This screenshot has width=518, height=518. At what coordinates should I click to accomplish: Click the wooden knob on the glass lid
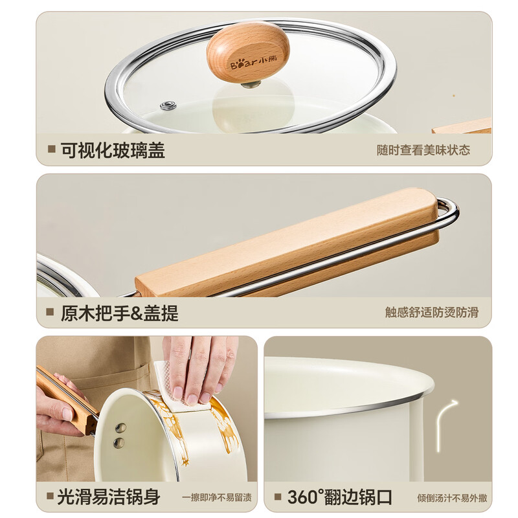[x=248, y=52]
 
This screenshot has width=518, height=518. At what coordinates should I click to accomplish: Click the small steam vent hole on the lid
[x=168, y=106]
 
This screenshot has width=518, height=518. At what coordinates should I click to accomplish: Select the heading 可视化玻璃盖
[x=113, y=150]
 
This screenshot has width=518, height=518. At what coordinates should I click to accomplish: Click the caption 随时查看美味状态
[x=423, y=150]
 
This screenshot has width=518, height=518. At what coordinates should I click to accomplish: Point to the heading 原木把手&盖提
[x=119, y=313]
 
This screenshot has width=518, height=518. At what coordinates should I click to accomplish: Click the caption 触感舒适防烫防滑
[x=431, y=313]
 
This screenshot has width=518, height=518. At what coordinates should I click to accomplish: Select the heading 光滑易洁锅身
[x=108, y=497]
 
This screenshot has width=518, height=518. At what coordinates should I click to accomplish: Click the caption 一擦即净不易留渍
[x=216, y=498]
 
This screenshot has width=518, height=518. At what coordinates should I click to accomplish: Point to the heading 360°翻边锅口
[x=340, y=497]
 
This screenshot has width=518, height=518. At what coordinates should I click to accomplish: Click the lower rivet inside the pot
[x=119, y=442]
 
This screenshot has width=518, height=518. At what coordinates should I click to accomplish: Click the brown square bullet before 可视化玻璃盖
[x=51, y=150]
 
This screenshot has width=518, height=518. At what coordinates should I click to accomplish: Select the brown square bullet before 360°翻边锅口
[x=278, y=497]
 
